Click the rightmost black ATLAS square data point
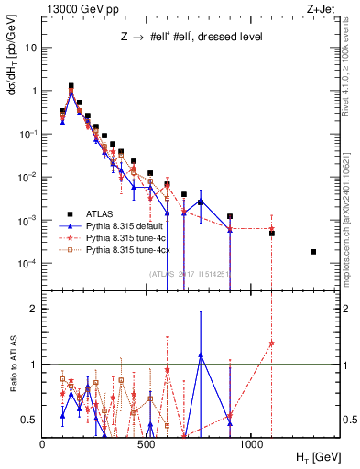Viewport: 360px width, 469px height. [x=313, y=252]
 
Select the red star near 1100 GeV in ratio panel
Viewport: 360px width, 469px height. [x=271, y=344]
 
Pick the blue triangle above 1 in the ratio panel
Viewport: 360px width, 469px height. [x=200, y=354]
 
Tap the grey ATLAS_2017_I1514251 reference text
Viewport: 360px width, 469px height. [x=189, y=274]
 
